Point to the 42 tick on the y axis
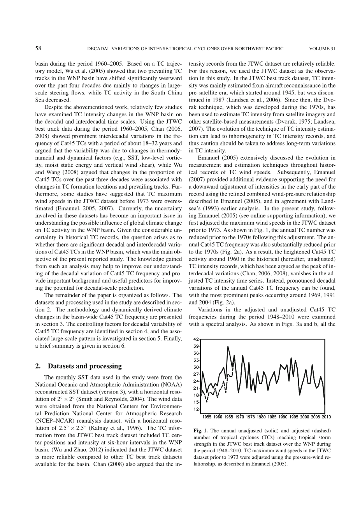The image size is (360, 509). coord(197,339)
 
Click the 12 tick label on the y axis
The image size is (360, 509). coord(197,409)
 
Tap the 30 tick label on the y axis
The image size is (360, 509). coord(197,367)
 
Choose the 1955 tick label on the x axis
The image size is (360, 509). coord(207,417)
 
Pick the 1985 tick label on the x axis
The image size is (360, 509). coord(272,417)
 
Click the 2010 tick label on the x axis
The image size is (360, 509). coord(326,417)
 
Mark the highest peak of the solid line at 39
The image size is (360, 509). coord(228,346)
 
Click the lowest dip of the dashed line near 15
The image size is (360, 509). coord(207,402)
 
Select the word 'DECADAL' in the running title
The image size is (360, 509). coord(99,49)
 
